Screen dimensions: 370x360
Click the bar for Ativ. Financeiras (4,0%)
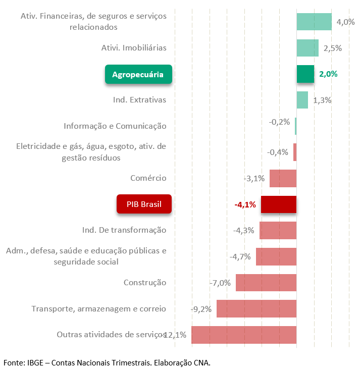click(x=314, y=22)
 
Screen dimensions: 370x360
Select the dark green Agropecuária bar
click(x=305, y=74)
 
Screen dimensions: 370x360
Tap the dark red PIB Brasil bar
click(x=278, y=204)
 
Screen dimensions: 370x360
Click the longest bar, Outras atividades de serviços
click(x=243, y=335)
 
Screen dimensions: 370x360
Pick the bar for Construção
click(x=266, y=283)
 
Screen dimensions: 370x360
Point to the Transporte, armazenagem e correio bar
click(x=256, y=308)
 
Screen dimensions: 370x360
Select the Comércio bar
click(x=283, y=178)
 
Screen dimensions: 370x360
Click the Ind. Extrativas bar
click(x=302, y=100)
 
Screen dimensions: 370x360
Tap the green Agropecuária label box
click(x=138, y=74)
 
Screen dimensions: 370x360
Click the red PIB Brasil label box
click(x=144, y=204)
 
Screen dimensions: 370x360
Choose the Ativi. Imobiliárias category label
click(x=134, y=48)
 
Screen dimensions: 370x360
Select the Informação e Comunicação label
click(x=115, y=126)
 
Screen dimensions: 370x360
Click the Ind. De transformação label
click(x=124, y=230)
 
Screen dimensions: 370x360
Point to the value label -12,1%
click(x=175, y=335)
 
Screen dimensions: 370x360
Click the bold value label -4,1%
click(x=245, y=205)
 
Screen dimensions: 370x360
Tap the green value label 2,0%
click(x=328, y=74)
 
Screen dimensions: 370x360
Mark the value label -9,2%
click(x=201, y=308)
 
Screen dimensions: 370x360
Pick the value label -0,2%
click(x=279, y=122)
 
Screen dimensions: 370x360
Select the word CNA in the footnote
click(x=200, y=362)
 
